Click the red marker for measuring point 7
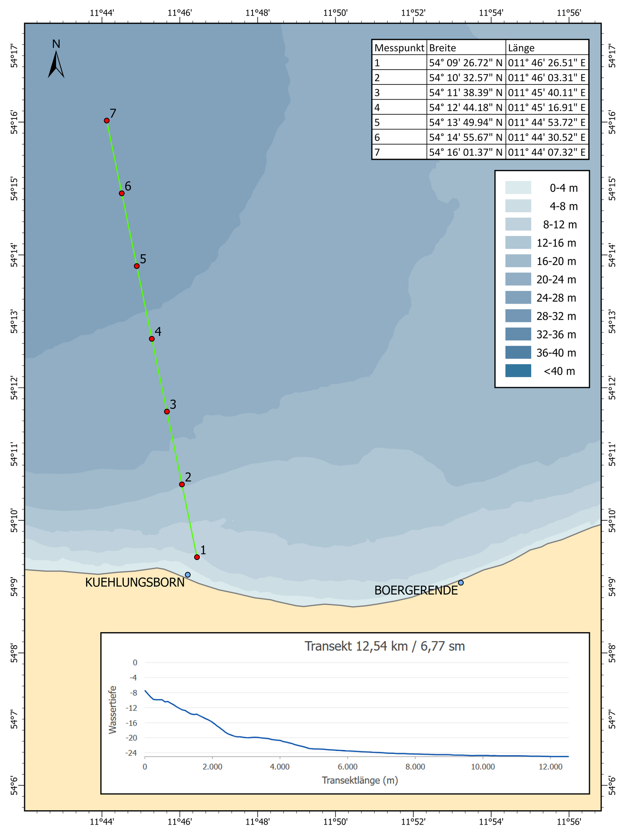[x=107, y=120]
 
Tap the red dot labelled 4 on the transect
[x=152, y=339]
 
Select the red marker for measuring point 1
[x=197, y=557]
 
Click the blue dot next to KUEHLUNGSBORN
[x=188, y=575]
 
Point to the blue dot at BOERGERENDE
[x=461, y=583]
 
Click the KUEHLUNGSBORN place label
[x=135, y=583]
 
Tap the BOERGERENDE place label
[x=416, y=591]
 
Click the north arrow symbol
[x=56, y=64]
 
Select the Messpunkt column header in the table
[x=399, y=48]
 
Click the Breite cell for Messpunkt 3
[x=466, y=93]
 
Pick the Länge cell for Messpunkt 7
[x=547, y=152]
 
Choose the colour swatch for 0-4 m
[x=518, y=188]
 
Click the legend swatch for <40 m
[x=518, y=371]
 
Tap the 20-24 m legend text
[x=556, y=280]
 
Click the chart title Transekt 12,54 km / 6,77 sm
[x=385, y=646]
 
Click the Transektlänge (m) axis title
[x=360, y=780]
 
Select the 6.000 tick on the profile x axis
[x=347, y=766]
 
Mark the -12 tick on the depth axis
[x=133, y=708]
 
